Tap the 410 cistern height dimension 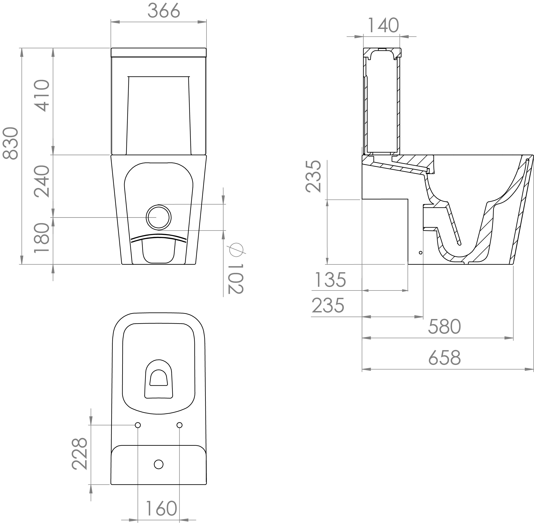[42, 96]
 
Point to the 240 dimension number [42, 181]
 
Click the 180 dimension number [42, 237]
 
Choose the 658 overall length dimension [444, 358]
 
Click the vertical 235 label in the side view [313, 176]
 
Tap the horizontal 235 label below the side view [328, 306]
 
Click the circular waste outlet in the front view [158, 217]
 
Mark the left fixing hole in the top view [138, 425]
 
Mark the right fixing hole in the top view [180, 425]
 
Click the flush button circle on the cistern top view [159, 464]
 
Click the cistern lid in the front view [159, 52]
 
